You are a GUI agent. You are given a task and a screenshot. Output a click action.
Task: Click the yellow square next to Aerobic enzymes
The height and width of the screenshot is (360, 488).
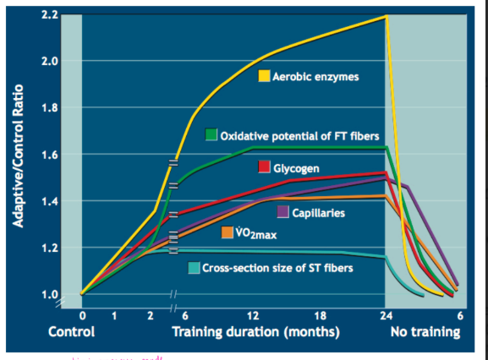pyautogui.click(x=264, y=77)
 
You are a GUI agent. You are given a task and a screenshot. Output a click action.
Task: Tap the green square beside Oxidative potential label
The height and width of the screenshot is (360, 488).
pyautogui.click(x=211, y=135)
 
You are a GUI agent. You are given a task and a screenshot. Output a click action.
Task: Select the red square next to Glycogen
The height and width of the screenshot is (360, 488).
pyautogui.click(x=264, y=167)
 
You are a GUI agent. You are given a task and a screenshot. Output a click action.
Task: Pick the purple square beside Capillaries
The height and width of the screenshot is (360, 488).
pyautogui.click(x=283, y=211)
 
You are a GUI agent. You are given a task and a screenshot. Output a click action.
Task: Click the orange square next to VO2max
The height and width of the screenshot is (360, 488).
pyautogui.click(x=228, y=232)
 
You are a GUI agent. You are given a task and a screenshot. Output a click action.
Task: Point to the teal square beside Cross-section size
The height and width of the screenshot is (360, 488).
pyautogui.click(x=195, y=268)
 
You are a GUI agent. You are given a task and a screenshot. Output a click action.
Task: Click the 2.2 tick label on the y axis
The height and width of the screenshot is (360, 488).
pyautogui.click(x=50, y=15)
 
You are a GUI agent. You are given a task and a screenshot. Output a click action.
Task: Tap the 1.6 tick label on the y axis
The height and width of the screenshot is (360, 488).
pyautogui.click(x=50, y=155)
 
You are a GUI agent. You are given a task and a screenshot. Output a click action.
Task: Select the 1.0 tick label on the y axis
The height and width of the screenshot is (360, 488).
pyautogui.click(x=50, y=294)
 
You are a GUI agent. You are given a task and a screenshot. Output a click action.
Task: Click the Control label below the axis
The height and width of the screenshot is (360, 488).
pyautogui.click(x=71, y=332)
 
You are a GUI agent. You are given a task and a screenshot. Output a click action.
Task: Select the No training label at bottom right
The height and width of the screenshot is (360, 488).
pyautogui.click(x=425, y=332)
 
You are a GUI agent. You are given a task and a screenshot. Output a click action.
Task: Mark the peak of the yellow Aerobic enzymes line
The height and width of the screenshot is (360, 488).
pyautogui.click(x=387, y=16)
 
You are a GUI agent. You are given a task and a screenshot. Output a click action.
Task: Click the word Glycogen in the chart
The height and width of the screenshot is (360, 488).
pyautogui.click(x=296, y=168)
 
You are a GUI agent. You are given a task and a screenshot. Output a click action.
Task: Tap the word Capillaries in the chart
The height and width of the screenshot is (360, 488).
pyautogui.click(x=319, y=212)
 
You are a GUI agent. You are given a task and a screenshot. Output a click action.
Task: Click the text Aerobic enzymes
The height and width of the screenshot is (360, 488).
pyautogui.click(x=315, y=77)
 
